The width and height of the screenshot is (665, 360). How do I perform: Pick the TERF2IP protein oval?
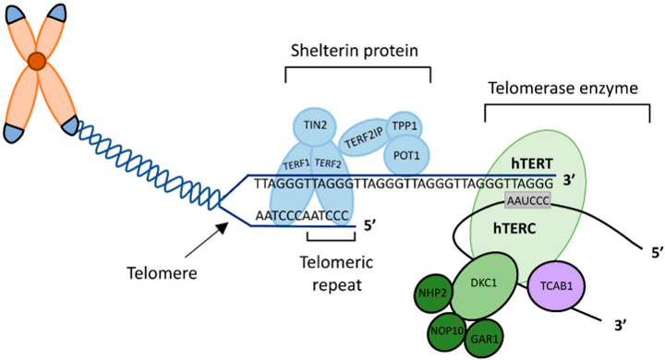point(364,139)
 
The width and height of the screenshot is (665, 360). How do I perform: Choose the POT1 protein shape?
point(405,154)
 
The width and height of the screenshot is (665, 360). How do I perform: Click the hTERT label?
point(530,161)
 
